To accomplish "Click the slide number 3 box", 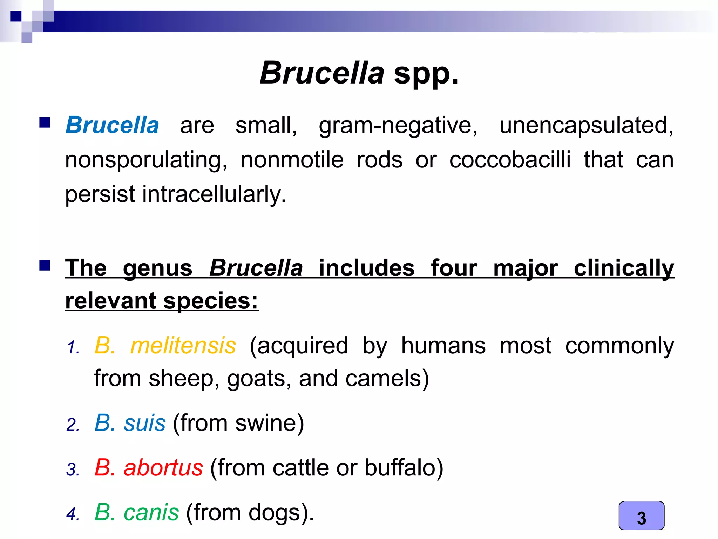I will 641,516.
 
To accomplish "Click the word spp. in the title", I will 426,73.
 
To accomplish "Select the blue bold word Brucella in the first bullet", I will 112,125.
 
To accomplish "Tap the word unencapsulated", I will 586,125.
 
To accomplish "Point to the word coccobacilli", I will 510,160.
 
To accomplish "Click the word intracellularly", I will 214,194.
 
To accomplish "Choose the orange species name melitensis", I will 183,346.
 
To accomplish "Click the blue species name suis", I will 144,423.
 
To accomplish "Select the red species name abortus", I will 163,468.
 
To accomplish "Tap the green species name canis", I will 151,512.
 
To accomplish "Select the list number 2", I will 73,425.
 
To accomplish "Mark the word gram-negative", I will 398,125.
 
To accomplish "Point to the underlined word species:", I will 211,301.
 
